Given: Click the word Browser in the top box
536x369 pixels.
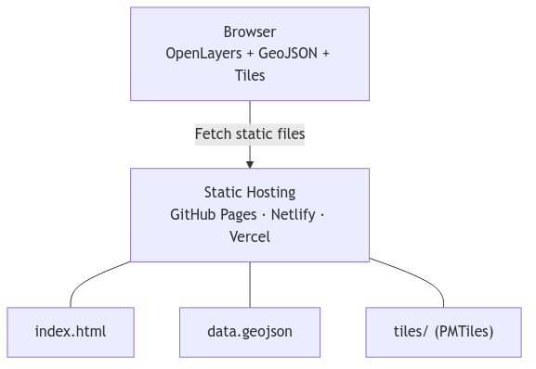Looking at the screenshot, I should pyautogui.click(x=249, y=32).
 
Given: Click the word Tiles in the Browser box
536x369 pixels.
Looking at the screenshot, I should pyautogui.click(x=249, y=75).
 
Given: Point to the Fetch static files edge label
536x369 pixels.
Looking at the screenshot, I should pyautogui.click(x=249, y=134).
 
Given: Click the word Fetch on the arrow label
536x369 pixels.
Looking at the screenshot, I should pyautogui.click(x=213, y=134).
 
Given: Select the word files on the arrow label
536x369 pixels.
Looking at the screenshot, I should pyautogui.click(x=287, y=134).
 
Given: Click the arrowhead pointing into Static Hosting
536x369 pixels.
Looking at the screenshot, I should pyautogui.click(x=250, y=164).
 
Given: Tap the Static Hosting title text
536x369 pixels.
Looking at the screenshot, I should pyautogui.click(x=249, y=193).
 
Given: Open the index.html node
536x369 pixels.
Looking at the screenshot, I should pyautogui.click(x=71, y=331).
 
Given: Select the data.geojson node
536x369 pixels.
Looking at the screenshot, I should pyautogui.click(x=249, y=331).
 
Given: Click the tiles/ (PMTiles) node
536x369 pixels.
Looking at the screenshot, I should pyautogui.click(x=443, y=331).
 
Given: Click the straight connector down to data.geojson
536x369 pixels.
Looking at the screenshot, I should pyautogui.click(x=250, y=285).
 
